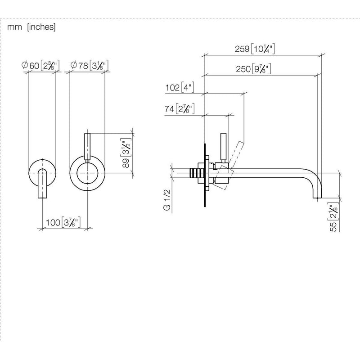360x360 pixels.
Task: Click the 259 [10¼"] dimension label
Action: coord(255,49)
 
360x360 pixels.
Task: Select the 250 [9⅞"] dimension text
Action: coord(253,69)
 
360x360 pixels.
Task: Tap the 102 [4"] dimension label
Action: coord(180,87)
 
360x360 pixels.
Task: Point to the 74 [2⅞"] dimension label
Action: coord(180,108)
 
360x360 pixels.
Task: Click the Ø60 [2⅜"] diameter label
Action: coord(40,65)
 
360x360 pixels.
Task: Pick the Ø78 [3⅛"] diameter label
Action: coord(89,65)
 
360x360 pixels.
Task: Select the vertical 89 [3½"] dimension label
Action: coord(126,153)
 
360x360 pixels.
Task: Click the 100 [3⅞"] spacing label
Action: coord(63,222)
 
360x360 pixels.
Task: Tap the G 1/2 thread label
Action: coord(167,200)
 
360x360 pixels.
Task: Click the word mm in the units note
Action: coord(14,27)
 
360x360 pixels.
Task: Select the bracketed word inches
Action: coord(41,27)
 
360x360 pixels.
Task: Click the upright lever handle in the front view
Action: coord(87,146)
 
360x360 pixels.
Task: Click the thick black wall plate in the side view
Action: coord(205,175)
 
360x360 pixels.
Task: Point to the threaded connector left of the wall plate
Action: coord(197,173)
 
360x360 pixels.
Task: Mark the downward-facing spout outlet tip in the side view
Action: coord(318,198)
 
